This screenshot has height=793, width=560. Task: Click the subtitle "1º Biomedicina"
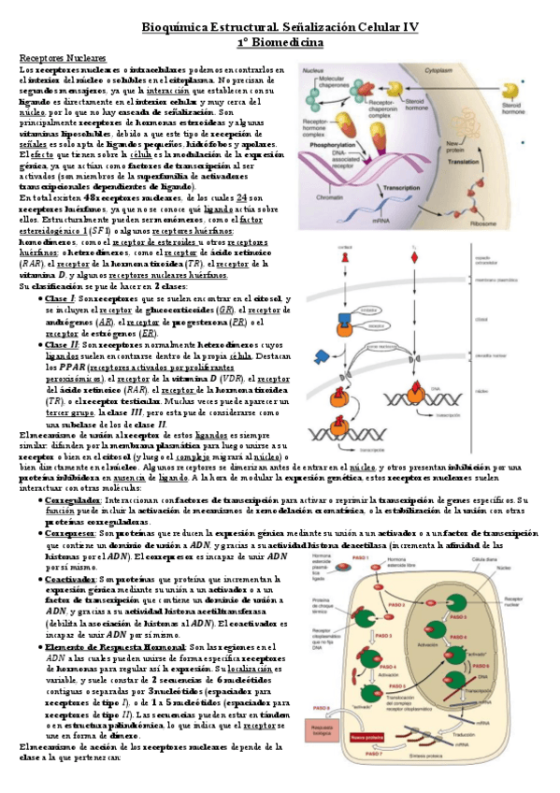(280, 43)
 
